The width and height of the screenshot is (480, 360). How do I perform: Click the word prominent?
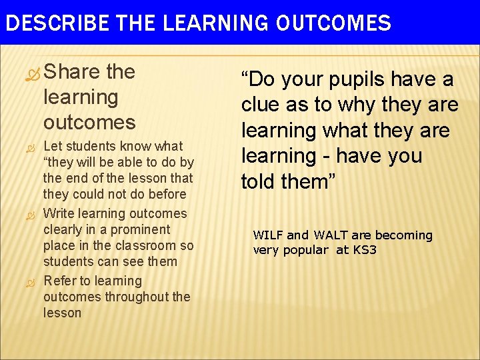click(x=141, y=230)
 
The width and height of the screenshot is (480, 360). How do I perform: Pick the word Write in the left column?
click(x=59, y=213)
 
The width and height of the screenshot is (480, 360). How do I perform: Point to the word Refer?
click(x=59, y=281)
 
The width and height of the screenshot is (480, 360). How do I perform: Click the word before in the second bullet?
click(x=166, y=195)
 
